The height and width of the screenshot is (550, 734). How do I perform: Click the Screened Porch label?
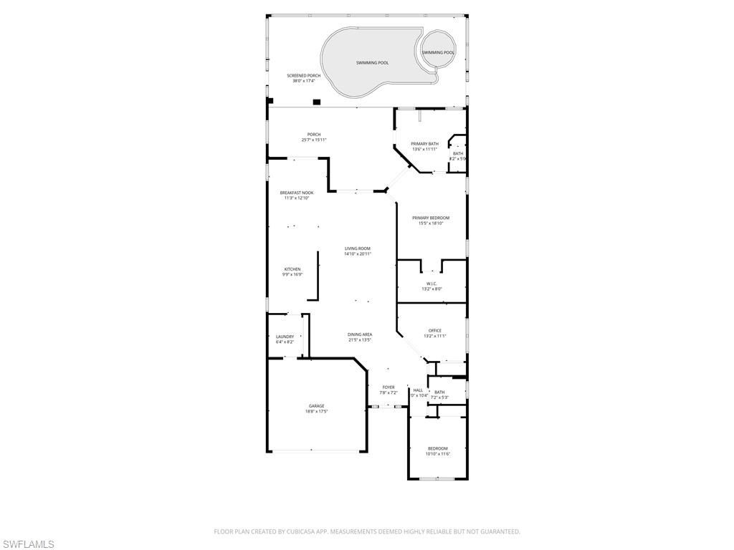click(303, 75)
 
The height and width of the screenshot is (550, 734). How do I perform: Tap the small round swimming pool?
click(437, 52)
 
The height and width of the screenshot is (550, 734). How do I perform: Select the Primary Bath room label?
click(424, 144)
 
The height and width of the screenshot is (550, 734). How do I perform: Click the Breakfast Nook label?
click(297, 193)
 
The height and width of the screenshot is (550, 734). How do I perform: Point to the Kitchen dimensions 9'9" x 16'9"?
click(292, 274)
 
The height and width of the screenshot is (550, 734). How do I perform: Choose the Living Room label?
click(357, 249)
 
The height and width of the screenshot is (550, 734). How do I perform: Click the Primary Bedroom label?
click(431, 218)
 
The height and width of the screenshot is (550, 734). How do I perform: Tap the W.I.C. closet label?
click(431, 284)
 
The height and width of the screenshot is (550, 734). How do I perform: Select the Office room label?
click(434, 330)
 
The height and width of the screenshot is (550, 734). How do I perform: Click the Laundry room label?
click(285, 337)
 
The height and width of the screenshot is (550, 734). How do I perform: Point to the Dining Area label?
click(360, 334)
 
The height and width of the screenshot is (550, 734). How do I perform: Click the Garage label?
click(316, 406)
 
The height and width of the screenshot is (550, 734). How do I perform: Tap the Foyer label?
click(388, 387)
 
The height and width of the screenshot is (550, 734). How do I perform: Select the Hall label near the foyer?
click(418, 390)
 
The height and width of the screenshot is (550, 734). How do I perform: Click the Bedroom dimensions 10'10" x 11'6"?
click(437, 454)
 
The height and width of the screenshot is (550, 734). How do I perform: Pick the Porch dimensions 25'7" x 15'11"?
click(314, 140)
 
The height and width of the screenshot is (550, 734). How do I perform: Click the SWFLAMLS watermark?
click(27, 544)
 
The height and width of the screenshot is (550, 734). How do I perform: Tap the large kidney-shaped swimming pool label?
click(372, 63)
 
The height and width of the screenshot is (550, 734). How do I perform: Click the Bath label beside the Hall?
click(439, 392)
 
